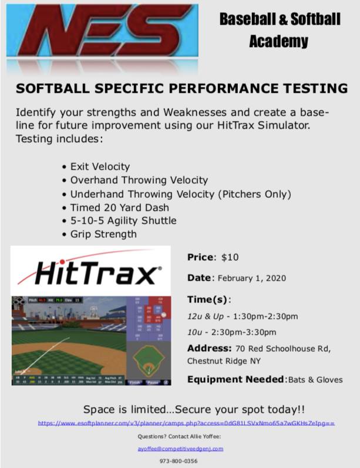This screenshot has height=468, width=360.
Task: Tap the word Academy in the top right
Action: [x=278, y=41]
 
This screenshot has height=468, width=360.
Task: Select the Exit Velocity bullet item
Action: [x=100, y=167]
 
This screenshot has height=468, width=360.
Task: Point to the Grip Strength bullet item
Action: [x=103, y=234]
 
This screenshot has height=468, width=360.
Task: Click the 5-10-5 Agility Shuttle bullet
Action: [x=123, y=221]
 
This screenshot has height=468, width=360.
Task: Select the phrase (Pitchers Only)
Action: [x=255, y=194]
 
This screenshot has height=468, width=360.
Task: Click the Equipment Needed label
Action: [x=235, y=379]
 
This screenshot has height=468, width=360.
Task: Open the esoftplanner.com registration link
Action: [x=186, y=423]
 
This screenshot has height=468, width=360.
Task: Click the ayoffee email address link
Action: [x=180, y=449]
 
